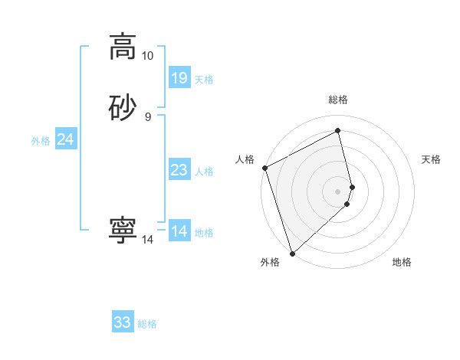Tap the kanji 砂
point(123,107)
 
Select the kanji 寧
point(123,231)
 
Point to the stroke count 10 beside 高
point(147,56)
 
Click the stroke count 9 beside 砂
point(147,117)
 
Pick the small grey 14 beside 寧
point(147,240)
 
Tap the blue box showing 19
point(179,77)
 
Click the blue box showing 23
point(179,170)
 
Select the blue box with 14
point(179,231)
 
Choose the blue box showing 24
point(66,139)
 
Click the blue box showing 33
point(123,322)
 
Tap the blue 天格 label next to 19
point(204,79)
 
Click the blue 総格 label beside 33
point(147,324)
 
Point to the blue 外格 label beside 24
point(41,141)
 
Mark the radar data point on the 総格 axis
point(337,131)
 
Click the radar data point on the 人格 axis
point(265,168)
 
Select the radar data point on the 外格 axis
point(292,252)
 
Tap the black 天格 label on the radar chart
point(431,159)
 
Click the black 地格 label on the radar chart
point(402,262)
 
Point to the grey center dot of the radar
point(337,191)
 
